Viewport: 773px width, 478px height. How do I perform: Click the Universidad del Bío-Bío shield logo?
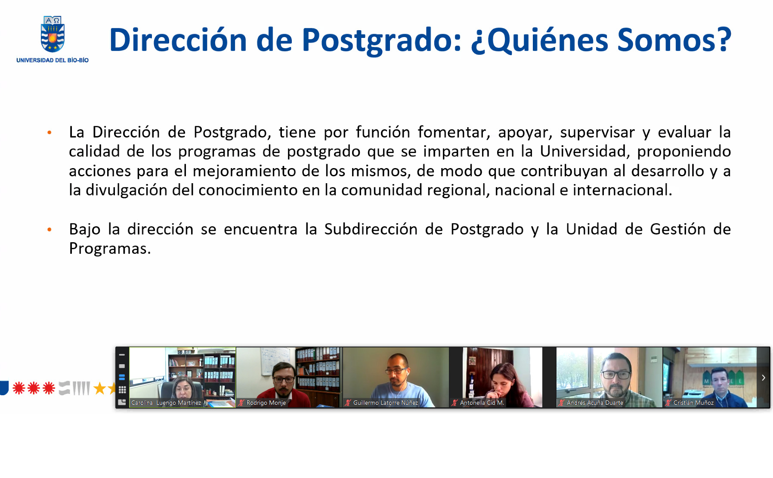pyautogui.click(x=53, y=34)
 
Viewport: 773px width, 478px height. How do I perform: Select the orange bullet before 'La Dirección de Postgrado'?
pyautogui.click(x=49, y=133)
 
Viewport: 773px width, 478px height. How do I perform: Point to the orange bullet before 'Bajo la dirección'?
pyautogui.click(x=49, y=230)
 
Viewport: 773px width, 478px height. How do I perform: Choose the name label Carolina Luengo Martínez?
pyautogui.click(x=166, y=403)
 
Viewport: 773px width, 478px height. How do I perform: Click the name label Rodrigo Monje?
pyautogui.click(x=266, y=403)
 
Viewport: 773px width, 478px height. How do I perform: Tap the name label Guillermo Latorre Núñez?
pyautogui.click(x=386, y=403)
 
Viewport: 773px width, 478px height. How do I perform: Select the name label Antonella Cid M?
pyautogui.click(x=482, y=403)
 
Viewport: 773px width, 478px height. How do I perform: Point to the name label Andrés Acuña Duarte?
pyautogui.click(x=595, y=403)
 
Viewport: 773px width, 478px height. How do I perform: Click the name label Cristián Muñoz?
pyautogui.click(x=693, y=403)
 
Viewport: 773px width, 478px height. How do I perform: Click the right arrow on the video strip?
pyautogui.click(x=763, y=378)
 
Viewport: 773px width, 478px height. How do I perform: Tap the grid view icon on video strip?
pyautogui.click(x=122, y=390)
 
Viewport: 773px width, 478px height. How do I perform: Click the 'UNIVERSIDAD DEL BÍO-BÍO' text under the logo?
pyautogui.click(x=53, y=60)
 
